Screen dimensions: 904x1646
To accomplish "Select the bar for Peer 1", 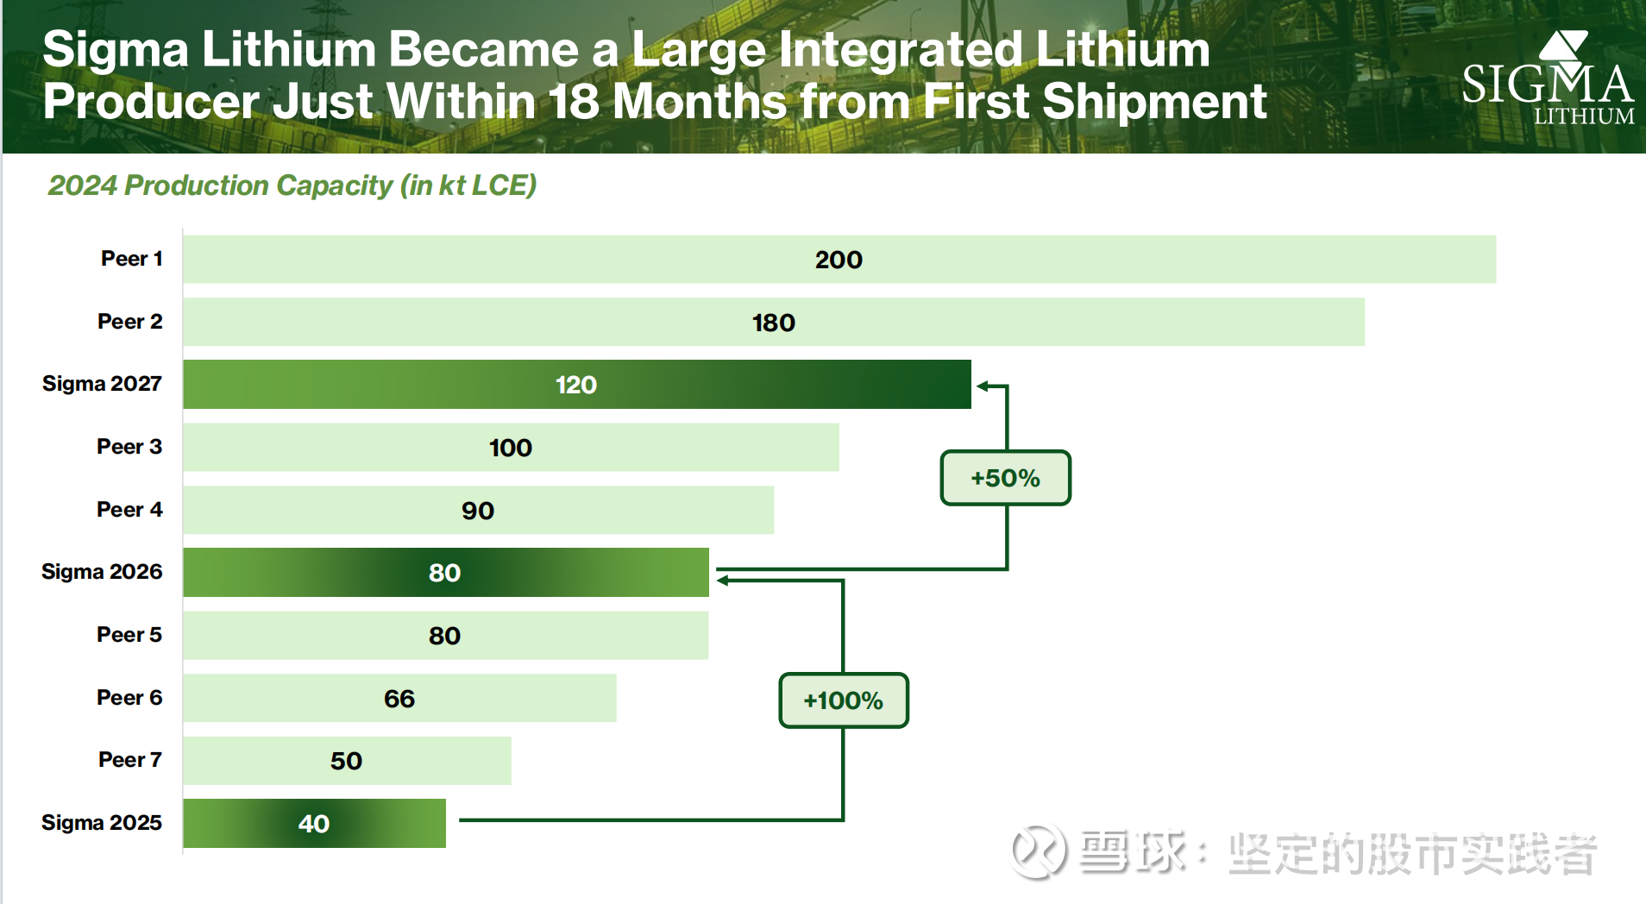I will coord(839,260).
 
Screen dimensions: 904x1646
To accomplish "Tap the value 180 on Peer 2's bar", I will coord(773,323).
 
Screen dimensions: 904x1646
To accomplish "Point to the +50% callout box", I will coord(1005,478).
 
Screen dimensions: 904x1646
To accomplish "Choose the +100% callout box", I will coord(843,700).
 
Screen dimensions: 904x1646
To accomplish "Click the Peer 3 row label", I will coord(129,447).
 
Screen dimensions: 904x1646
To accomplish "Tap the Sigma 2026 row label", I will coord(102,572).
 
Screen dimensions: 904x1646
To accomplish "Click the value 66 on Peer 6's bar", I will coord(399,699).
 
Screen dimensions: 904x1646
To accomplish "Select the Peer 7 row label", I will coord(130,760).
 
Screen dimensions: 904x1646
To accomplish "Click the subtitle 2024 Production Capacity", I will coord(292,185).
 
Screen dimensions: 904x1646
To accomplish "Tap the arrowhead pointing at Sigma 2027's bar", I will coord(983,386).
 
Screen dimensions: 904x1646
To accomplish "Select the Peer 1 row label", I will coord(132,259).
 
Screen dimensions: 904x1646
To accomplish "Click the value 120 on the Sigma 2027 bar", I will coord(575,385).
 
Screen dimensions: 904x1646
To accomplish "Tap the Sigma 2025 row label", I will coord(102,823).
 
